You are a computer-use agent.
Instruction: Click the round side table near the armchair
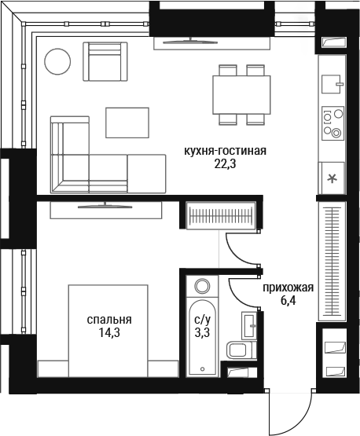pos(57,61)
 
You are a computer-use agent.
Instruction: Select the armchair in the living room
pos(105,61)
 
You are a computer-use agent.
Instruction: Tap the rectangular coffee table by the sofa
pos(127,123)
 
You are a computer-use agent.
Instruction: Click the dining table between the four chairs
pos(241,94)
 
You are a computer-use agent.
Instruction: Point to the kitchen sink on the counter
pos(332,84)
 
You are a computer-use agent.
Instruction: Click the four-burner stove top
pos(332,123)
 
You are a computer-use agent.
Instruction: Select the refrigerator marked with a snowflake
pos(332,178)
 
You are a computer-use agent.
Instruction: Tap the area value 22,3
pos(225,164)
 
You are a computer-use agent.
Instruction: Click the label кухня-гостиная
pos(225,151)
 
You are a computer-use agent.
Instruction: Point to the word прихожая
pos(288,288)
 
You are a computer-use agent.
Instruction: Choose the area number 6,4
pos(288,301)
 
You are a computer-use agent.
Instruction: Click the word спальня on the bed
pos(109,320)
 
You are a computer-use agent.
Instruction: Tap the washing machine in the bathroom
pos(202,286)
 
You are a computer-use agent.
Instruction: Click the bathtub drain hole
pos(203,369)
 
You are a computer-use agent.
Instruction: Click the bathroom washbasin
pos(248,325)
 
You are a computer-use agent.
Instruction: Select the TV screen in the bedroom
pos(105,206)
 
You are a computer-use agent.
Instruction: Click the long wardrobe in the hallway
pos(332,262)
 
